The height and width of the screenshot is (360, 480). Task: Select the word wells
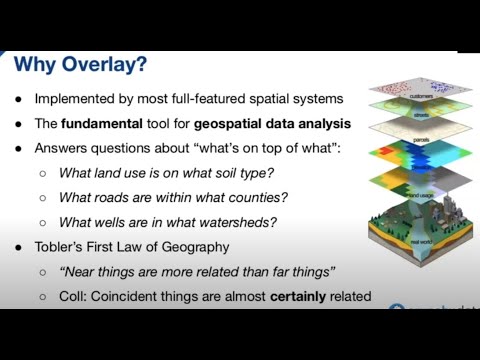(114, 221)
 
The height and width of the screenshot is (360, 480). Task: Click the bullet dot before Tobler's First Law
(20, 246)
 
